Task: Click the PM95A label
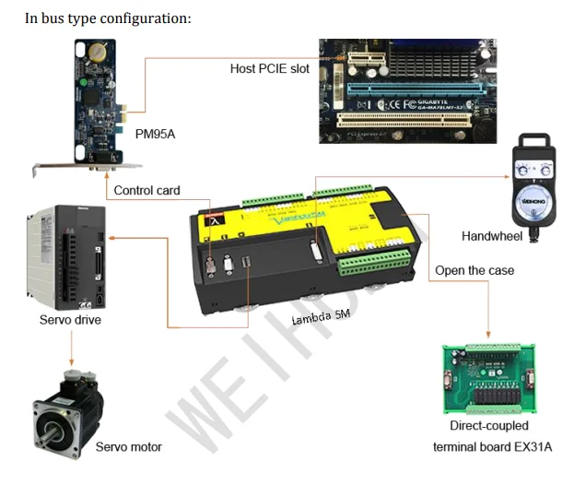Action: click(x=155, y=134)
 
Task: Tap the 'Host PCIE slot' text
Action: click(x=270, y=68)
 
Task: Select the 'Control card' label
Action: click(x=146, y=191)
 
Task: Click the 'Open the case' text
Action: click(x=475, y=270)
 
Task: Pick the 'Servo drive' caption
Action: click(x=70, y=320)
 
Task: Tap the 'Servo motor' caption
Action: click(x=128, y=447)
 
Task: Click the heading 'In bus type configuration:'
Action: click(x=108, y=18)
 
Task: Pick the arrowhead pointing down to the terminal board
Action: click(x=488, y=333)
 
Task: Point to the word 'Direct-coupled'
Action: click(x=489, y=426)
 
